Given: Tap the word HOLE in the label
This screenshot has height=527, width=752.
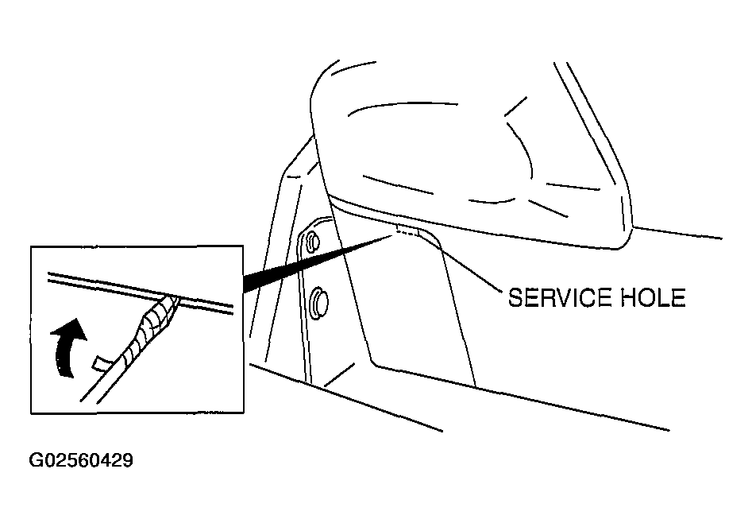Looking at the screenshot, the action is [x=654, y=297].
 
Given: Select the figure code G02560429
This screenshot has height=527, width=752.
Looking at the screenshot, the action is [x=81, y=460].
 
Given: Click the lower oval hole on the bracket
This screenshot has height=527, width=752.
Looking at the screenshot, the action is [x=319, y=302].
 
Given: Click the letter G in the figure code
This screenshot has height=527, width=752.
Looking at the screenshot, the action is [x=36, y=460].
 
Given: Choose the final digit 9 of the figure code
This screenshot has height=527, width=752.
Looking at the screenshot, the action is [x=128, y=460].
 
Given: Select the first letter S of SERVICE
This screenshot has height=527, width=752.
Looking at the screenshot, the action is [x=515, y=297].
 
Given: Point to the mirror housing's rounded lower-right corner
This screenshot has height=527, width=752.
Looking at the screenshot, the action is [x=623, y=242].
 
